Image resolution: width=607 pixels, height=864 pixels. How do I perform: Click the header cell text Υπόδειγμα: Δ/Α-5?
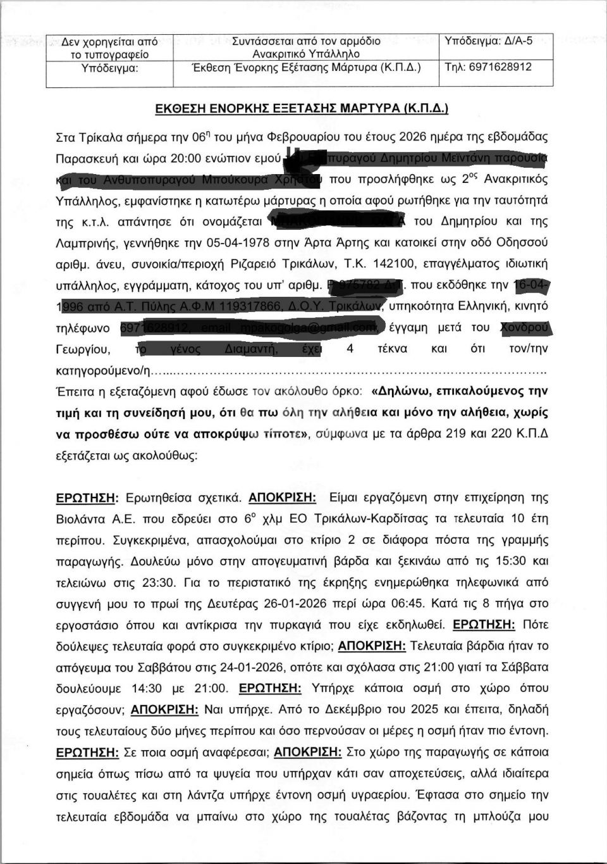[488, 41]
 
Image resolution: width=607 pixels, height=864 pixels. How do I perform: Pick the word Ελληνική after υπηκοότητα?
[463, 307]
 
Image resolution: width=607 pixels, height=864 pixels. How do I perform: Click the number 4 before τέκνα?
[350, 349]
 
